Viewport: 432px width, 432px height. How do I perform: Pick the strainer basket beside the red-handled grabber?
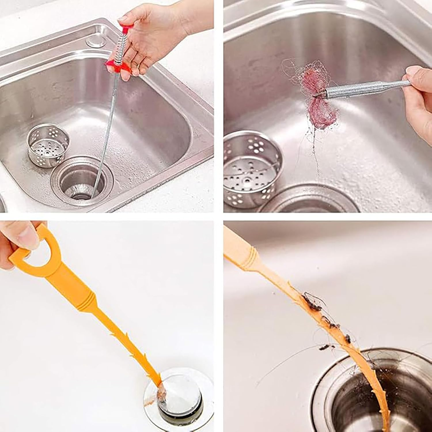48,149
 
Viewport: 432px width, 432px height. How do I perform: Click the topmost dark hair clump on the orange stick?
312,302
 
